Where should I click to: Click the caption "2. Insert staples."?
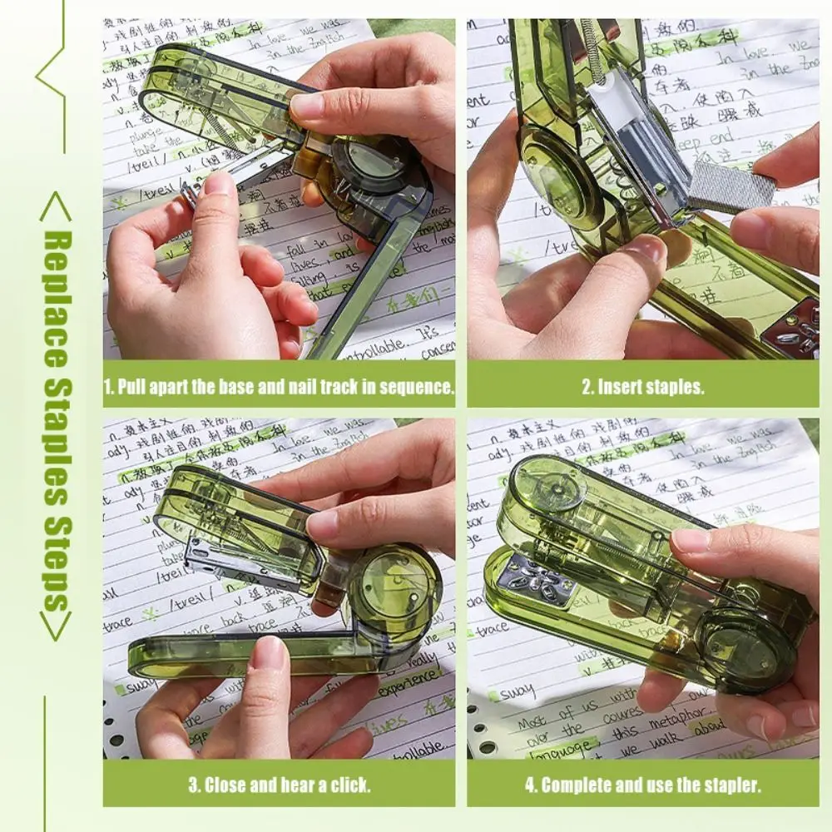pos(642,386)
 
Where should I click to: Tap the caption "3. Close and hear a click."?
pos(279,785)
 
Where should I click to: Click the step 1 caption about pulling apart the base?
pos(279,386)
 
